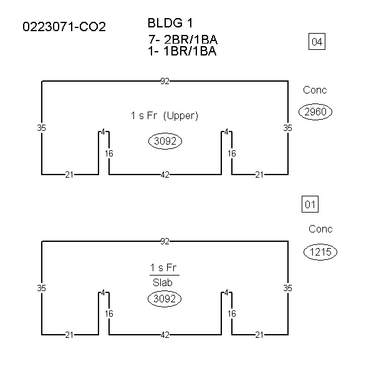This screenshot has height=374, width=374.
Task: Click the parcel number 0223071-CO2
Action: (x=64, y=26)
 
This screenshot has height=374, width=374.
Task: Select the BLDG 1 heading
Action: (x=170, y=23)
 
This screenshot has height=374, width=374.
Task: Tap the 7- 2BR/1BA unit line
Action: (x=183, y=39)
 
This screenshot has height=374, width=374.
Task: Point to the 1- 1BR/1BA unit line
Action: (x=182, y=51)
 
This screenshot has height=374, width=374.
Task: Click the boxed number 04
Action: (x=317, y=42)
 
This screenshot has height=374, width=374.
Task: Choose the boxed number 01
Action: (x=310, y=204)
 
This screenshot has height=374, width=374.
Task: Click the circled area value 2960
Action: (x=315, y=112)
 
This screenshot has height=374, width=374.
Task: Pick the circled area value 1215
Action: (x=320, y=252)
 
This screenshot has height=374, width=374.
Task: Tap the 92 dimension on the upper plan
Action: (x=165, y=81)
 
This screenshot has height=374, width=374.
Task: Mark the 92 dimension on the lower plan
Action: (x=165, y=242)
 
